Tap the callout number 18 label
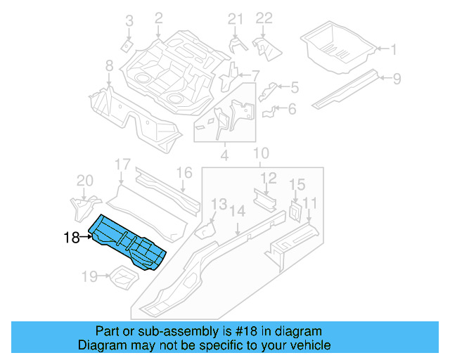[71, 238]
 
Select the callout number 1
[393, 49]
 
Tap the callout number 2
[158, 17]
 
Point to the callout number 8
[109, 66]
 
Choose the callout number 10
[261, 153]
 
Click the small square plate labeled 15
[295, 210]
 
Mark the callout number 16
[184, 173]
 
